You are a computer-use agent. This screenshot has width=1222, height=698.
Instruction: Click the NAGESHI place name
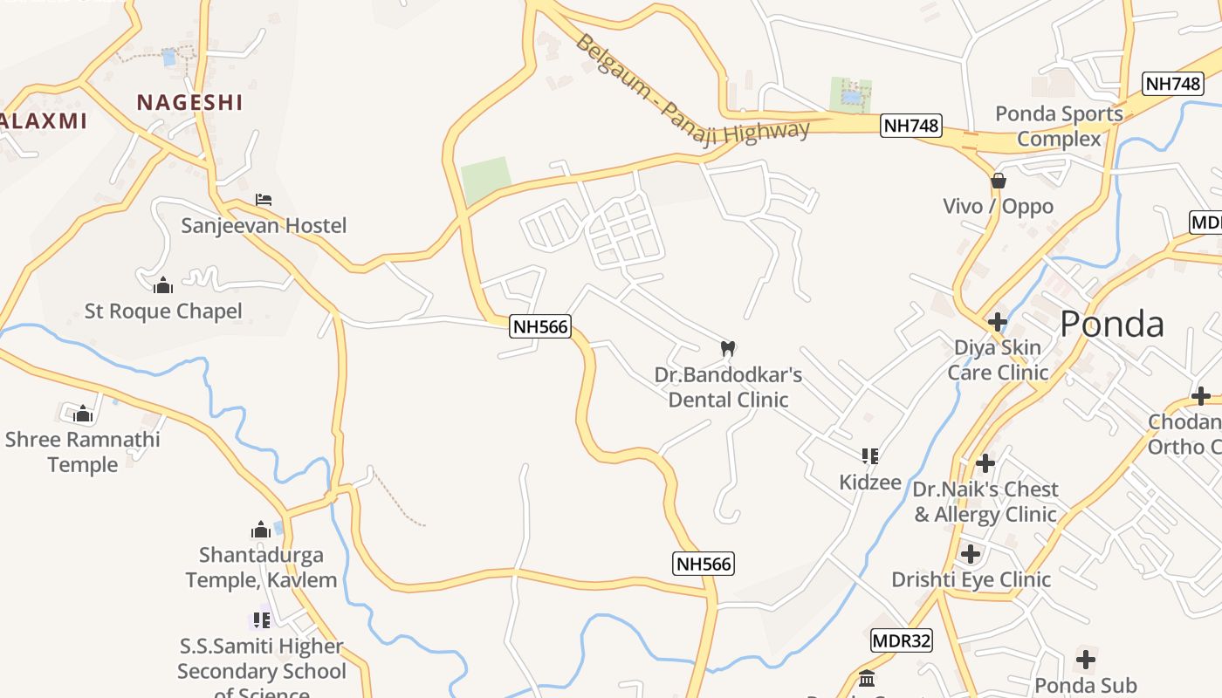pos(189,102)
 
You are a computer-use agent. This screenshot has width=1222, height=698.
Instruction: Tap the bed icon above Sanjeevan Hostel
pos(264,200)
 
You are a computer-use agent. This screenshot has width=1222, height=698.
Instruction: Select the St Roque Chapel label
pos(163,311)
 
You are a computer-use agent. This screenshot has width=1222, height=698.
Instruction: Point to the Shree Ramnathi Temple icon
pos(83,414)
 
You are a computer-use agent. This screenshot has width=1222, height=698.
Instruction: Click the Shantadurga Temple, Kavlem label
pos(261,567)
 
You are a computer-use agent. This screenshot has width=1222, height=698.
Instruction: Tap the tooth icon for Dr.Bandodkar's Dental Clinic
pos(727,348)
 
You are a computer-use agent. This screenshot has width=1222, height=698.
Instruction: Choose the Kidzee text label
pos(869,482)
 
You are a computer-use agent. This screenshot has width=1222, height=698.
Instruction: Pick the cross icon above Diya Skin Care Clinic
pos(997,322)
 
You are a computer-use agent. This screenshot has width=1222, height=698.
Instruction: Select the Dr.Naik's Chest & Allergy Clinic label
pos(985,502)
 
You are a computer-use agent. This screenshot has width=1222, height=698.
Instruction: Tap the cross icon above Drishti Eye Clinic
pos(970,553)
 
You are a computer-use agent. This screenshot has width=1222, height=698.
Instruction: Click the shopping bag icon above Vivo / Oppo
pos(998,181)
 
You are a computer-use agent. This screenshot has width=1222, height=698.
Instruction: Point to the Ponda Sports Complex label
pos(1059,126)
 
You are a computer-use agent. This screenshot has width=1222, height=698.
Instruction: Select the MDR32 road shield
pos(902,641)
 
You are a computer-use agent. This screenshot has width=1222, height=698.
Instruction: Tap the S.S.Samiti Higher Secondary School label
pos(261,660)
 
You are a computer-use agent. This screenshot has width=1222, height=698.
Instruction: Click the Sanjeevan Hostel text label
pos(264,226)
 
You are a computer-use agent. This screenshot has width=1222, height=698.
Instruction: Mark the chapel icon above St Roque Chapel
pos(163,285)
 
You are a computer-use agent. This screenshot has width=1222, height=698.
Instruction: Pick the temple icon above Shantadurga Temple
pos(261,530)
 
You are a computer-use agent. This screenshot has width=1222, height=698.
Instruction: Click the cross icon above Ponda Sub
pos(1085,660)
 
